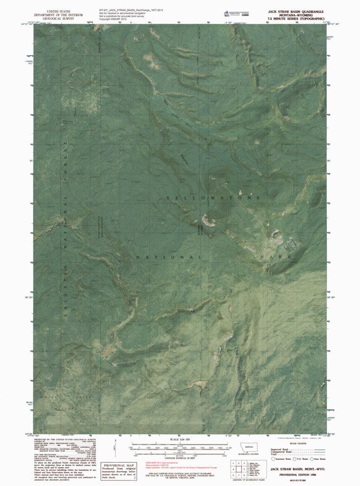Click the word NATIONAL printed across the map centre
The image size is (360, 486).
[168, 257]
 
